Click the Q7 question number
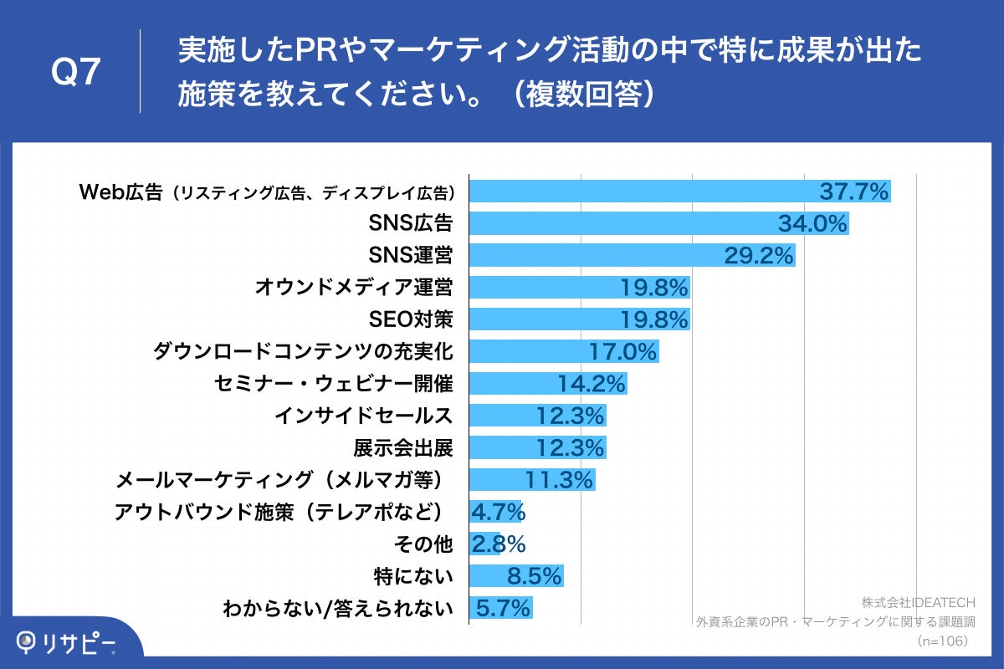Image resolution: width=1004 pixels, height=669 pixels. [76, 73]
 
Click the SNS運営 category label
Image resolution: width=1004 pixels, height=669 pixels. [411, 256]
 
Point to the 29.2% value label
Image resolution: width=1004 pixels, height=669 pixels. [758, 256]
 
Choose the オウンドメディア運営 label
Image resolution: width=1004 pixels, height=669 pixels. [353, 288]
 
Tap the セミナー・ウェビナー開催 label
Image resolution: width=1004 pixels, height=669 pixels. [333, 384]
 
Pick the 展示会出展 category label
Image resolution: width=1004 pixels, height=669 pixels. [402, 448]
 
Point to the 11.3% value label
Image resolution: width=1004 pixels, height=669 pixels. [559, 480]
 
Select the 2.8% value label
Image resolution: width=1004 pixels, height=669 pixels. [498, 544]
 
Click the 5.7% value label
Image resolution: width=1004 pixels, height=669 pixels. [503, 608]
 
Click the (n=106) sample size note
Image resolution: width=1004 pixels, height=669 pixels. [941, 641]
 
